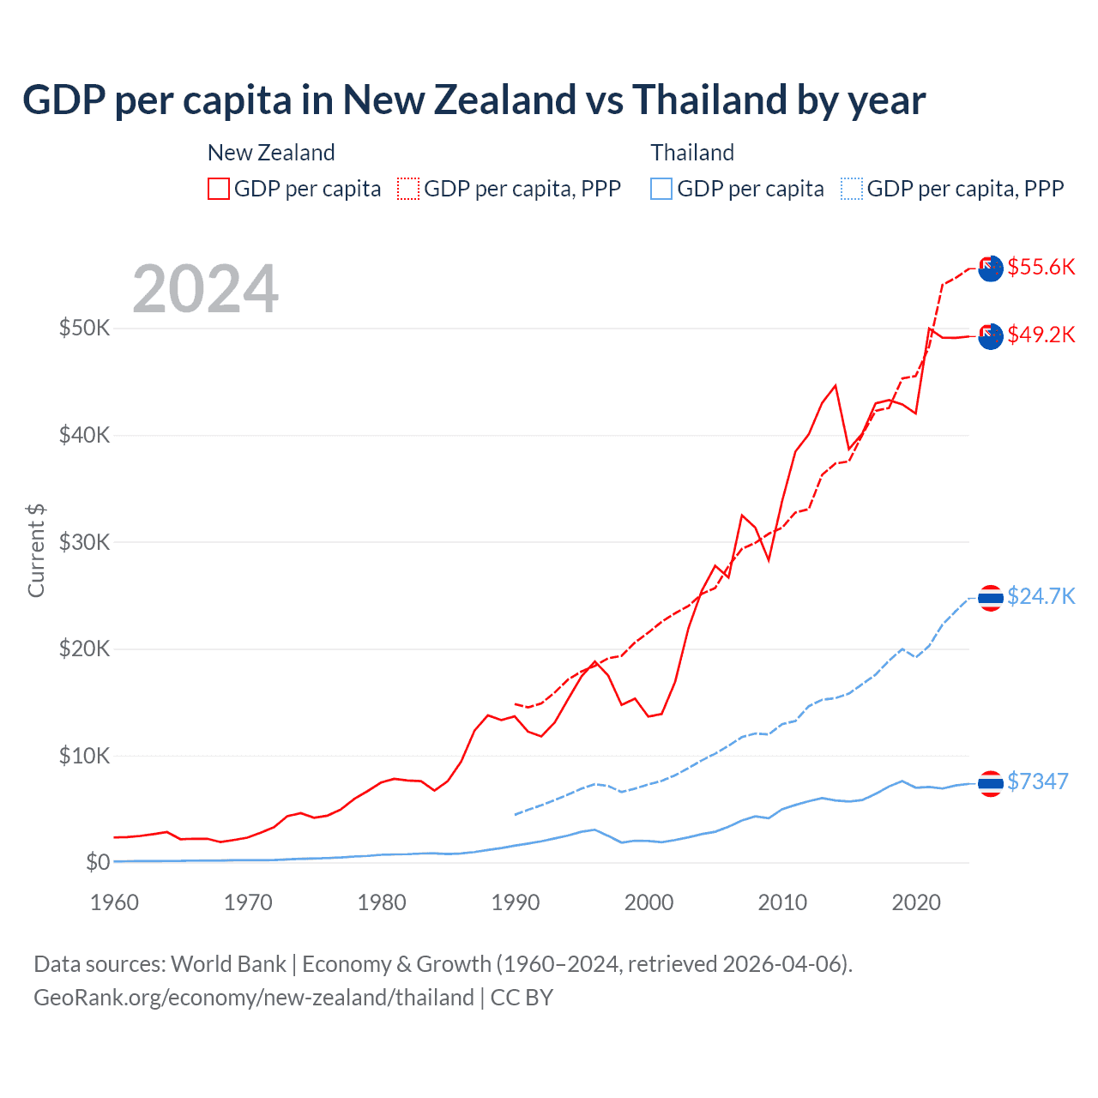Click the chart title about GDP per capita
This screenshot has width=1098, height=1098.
474,100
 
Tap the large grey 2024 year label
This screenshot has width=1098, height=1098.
206,289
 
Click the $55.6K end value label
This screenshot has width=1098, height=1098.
1041,267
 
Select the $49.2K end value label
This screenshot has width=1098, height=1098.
1041,335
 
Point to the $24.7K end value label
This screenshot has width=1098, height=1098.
1041,596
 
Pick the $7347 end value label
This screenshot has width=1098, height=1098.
1037,781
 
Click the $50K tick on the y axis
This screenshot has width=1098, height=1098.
84,328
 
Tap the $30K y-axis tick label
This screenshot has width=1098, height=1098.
84,542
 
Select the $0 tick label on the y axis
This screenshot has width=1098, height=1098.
98,862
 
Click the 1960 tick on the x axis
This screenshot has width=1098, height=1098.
114,902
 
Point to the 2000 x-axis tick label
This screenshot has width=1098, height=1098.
649,902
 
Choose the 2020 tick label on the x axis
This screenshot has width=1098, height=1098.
916,902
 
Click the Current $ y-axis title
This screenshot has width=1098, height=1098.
36,550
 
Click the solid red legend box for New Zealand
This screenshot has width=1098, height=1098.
219,189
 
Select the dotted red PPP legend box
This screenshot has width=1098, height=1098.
408,189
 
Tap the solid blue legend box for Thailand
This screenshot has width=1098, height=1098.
661,189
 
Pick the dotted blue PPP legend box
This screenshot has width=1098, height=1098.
852,189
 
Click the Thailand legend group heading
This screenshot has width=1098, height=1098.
692,153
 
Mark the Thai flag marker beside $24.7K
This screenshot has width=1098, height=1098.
991,598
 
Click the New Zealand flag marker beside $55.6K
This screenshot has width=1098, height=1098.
991,268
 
